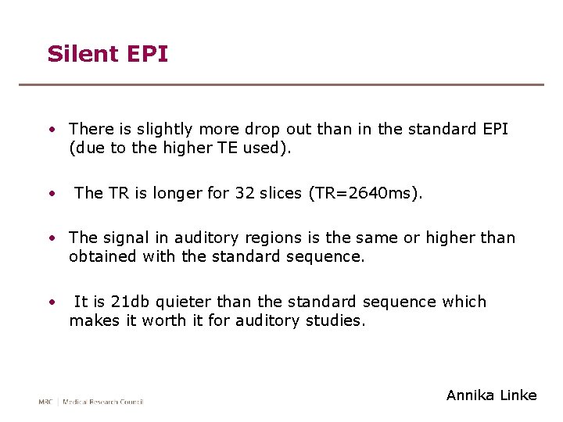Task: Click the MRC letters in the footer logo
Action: [x=47, y=402]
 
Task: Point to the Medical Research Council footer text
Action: [x=103, y=402]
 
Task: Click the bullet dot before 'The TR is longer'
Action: [x=52, y=193]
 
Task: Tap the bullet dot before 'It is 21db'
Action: [x=52, y=302]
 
